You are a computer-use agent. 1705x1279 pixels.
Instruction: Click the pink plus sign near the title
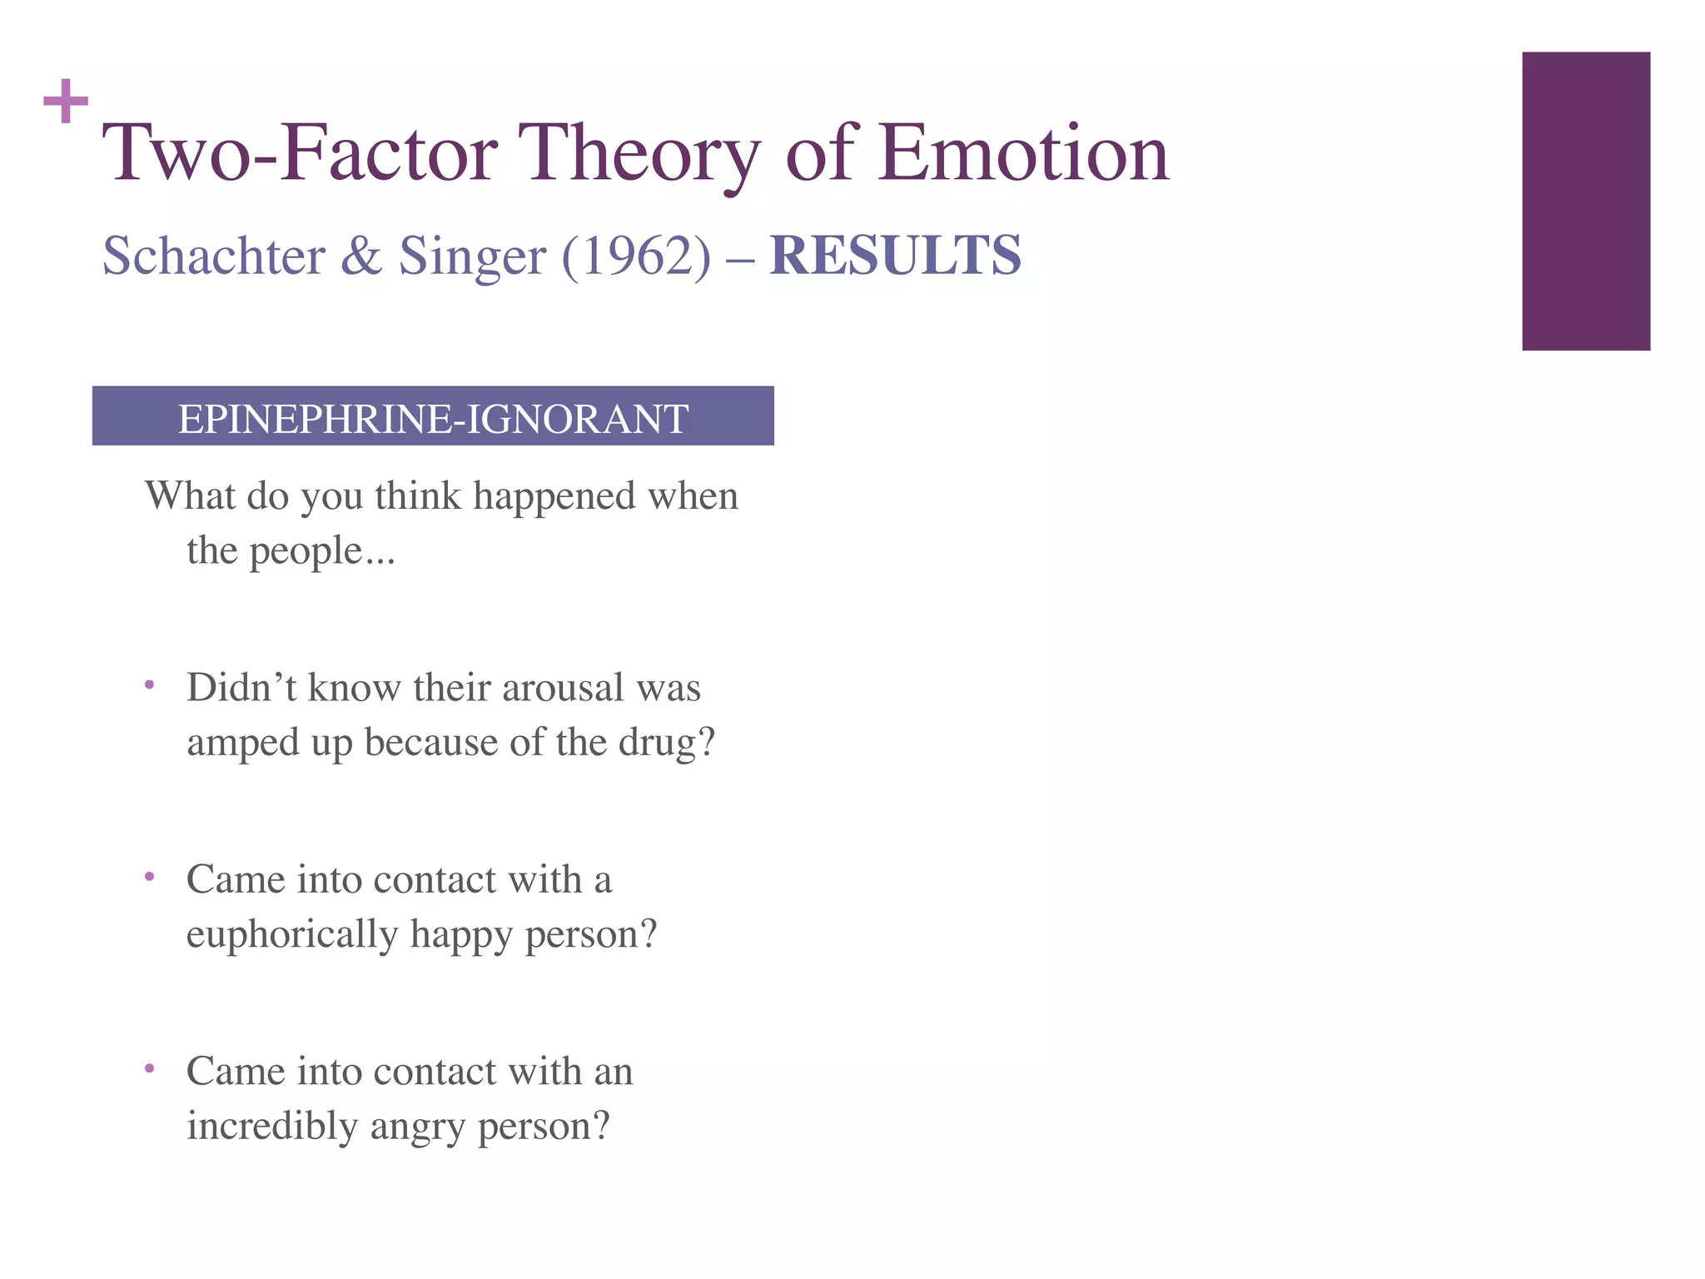click(66, 102)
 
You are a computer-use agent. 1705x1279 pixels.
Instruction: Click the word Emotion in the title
click(1023, 153)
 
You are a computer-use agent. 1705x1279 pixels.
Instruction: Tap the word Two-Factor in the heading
click(300, 153)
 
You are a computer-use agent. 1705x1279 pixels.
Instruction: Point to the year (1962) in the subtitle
click(637, 256)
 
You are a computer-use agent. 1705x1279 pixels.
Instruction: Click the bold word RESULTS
click(895, 256)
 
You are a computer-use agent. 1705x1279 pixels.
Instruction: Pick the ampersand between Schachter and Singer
click(361, 256)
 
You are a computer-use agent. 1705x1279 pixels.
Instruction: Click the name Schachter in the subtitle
click(214, 256)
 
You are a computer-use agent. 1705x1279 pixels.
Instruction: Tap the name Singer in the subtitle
click(473, 257)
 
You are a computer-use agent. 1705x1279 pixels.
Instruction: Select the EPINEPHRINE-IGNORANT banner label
click(433, 418)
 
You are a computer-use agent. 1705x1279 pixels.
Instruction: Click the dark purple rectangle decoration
click(1585, 201)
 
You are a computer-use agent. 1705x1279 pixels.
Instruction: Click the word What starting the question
click(191, 496)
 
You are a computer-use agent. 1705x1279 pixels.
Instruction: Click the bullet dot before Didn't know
click(149, 685)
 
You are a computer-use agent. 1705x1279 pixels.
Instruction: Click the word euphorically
click(291, 935)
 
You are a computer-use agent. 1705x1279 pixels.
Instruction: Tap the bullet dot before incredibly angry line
click(149, 1067)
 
